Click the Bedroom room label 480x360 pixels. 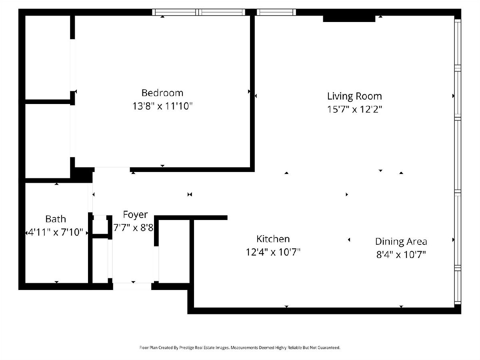point(162,93)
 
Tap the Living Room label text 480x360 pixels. point(354,96)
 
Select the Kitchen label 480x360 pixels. point(273,239)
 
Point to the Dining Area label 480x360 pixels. point(401,242)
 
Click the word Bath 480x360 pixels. point(56,219)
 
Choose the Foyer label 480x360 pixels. point(135,215)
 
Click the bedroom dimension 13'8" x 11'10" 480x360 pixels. point(162,106)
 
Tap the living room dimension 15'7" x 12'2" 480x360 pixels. point(354,109)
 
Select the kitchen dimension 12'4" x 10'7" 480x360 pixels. point(273,252)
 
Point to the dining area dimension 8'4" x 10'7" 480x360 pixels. point(401,255)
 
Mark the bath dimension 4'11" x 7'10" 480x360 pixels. point(56,232)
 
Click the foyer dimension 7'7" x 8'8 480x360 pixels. point(133,228)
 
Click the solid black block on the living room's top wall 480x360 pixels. point(349,18)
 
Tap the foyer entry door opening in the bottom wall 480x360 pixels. point(132,286)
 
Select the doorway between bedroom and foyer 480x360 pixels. point(112,169)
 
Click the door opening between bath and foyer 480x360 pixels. point(90,197)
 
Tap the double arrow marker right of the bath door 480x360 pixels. point(190,194)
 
